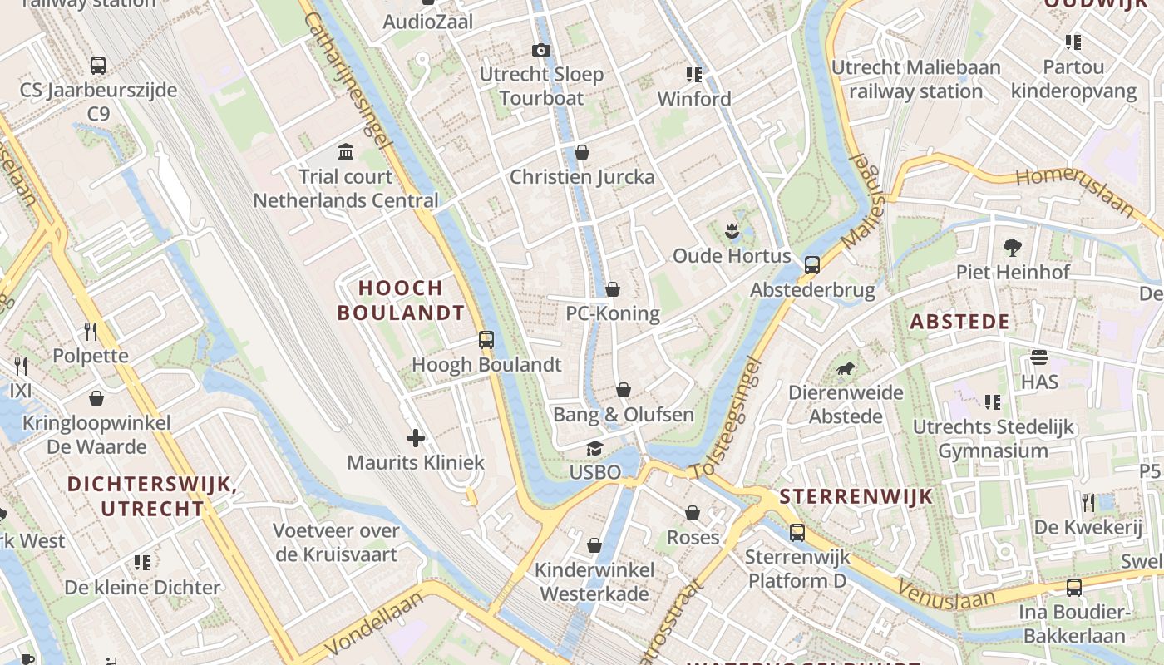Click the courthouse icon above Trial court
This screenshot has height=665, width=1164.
(346, 151)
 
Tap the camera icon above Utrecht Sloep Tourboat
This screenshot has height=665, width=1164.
(541, 50)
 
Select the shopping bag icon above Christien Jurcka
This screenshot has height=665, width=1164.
(582, 151)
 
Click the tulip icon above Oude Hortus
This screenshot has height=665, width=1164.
(732, 230)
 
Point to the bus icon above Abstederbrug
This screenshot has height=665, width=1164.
(812, 265)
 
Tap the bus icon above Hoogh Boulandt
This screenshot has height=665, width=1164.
(486, 339)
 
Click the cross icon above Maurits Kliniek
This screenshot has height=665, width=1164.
(416, 437)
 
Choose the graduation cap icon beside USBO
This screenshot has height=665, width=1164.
(594, 449)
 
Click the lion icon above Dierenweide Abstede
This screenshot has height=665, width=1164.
(846, 367)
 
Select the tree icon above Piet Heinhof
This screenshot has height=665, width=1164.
(1012, 247)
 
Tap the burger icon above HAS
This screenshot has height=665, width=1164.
(1039, 357)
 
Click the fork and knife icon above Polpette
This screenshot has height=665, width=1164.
(91, 332)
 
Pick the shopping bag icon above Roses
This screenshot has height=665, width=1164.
(693, 513)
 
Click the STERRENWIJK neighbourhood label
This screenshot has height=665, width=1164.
(856, 497)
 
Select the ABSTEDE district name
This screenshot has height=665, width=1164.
(959, 322)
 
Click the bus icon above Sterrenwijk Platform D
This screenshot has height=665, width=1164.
(797, 532)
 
